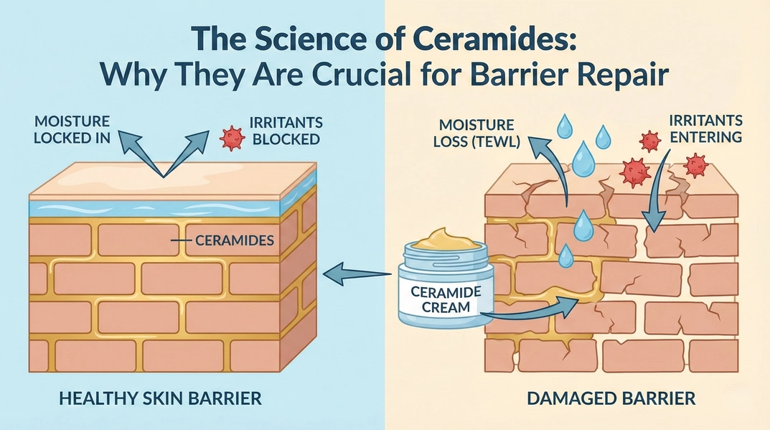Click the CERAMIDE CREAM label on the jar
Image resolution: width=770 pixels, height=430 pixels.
click(x=439, y=299)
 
